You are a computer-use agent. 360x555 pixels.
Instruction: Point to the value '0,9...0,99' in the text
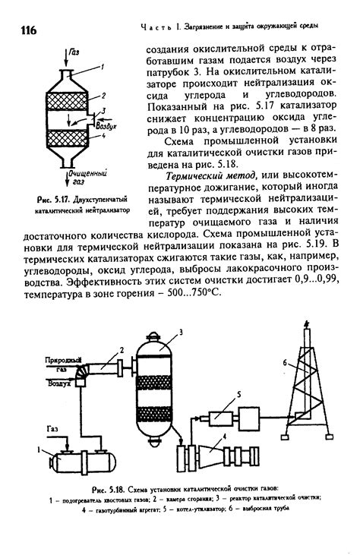click(x=304, y=281)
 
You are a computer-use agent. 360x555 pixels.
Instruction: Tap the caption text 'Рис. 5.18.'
click(x=107, y=488)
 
